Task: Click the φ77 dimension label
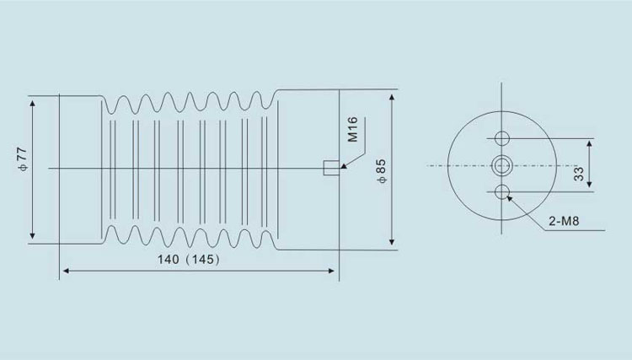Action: tap(23, 159)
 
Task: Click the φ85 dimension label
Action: tap(381, 171)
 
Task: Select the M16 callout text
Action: tap(352, 129)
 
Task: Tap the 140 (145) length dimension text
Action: tap(189, 259)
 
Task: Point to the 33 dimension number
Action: tap(578, 173)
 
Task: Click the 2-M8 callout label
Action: tap(564, 221)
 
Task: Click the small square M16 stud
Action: tap(331, 168)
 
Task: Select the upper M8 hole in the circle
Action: tap(502, 138)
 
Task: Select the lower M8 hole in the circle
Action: tap(502, 192)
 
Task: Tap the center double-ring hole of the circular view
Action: tap(502, 165)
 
